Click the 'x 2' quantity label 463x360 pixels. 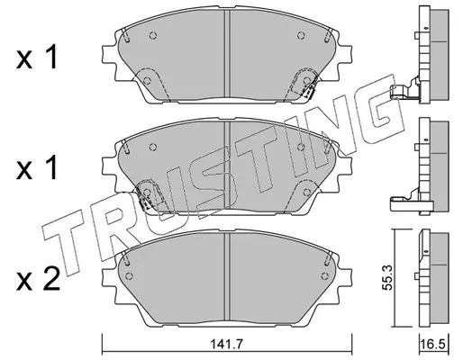tap(38, 279)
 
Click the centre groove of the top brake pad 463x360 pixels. tap(227, 54)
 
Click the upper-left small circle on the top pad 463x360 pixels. tap(153, 35)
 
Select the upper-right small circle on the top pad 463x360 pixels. tap(301, 35)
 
